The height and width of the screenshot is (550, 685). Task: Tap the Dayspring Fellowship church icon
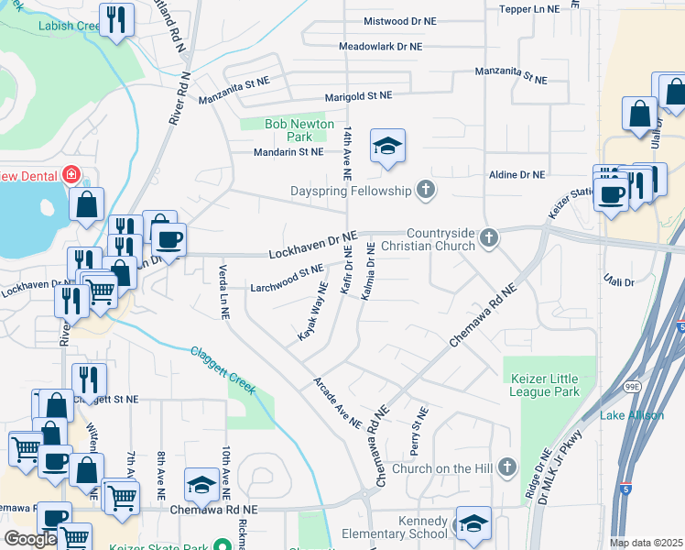click(x=425, y=191)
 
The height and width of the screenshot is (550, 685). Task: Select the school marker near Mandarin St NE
click(x=387, y=145)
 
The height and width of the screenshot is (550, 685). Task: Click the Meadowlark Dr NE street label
click(x=380, y=46)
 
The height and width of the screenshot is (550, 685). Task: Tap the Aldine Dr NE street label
click(x=517, y=174)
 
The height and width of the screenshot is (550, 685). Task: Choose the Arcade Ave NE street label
click(x=338, y=402)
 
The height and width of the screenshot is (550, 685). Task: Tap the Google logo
click(x=30, y=539)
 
